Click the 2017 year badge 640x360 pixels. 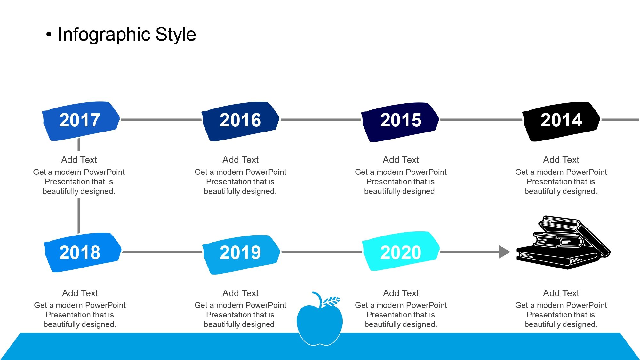pyautogui.click(x=81, y=121)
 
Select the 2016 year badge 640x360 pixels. pyautogui.click(x=240, y=121)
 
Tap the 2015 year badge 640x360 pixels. pyautogui.click(x=400, y=122)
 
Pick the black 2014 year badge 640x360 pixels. pyautogui.click(x=561, y=122)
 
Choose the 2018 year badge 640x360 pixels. pyautogui.click(x=83, y=252)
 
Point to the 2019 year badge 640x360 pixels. pyautogui.click(x=241, y=255)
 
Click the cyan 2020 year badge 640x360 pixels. pyautogui.click(x=401, y=251)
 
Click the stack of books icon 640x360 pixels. pyautogui.click(x=563, y=243)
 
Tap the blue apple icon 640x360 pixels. pyautogui.click(x=319, y=323)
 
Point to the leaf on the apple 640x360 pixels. pyautogui.click(x=331, y=301)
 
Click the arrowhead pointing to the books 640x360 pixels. pyautogui.click(x=505, y=252)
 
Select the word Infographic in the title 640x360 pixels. pyautogui.click(x=104, y=35)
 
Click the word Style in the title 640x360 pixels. pyautogui.click(x=176, y=35)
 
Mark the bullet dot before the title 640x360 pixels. pyautogui.click(x=49, y=35)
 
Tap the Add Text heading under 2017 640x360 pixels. pyautogui.click(x=79, y=160)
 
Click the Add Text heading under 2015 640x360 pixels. pyautogui.click(x=401, y=160)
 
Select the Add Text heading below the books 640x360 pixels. pyautogui.click(x=561, y=293)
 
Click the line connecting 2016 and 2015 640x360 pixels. pyautogui.click(x=321, y=120)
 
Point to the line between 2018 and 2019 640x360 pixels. pyautogui.click(x=162, y=252)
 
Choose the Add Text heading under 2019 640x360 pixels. pyautogui.click(x=240, y=293)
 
